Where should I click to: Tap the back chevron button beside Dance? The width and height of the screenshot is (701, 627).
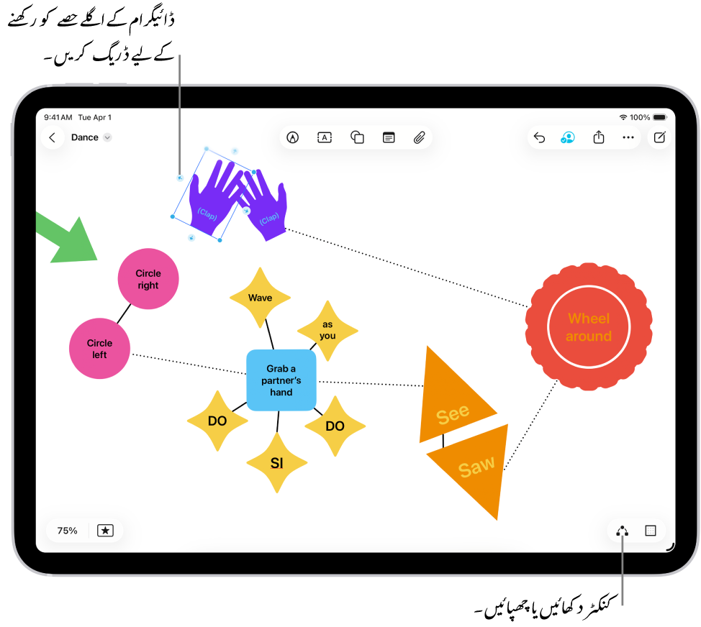click(52, 137)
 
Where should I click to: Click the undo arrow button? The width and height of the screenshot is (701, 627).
click(539, 137)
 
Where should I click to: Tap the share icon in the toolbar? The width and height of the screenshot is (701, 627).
click(598, 137)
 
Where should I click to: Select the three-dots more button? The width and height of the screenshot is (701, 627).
click(628, 137)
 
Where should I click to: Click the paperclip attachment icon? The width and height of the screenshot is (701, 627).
click(420, 137)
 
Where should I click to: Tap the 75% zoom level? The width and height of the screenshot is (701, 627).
click(67, 531)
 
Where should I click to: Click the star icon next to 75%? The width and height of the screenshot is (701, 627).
click(105, 531)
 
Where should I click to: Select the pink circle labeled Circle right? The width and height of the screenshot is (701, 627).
click(148, 279)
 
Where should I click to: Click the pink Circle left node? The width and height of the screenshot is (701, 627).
click(100, 349)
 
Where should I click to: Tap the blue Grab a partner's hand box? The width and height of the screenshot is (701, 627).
click(281, 380)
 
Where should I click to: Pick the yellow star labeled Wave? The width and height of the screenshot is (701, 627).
click(260, 298)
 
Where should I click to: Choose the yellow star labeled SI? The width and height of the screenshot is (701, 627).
click(277, 463)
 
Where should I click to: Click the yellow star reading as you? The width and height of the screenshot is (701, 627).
click(327, 331)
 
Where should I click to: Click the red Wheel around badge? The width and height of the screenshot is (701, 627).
click(589, 327)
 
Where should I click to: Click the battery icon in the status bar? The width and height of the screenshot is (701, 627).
click(660, 117)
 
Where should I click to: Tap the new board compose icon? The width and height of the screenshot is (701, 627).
click(659, 137)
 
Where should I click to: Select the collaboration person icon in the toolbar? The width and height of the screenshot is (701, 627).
click(568, 137)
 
